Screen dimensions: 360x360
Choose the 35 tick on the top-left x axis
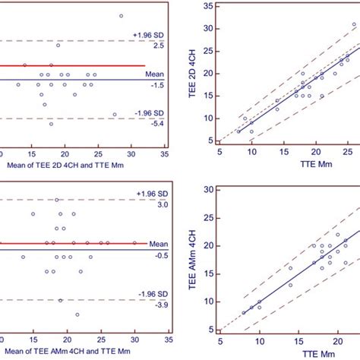pos(166,153)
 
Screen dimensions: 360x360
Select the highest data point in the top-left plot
pos(121,15)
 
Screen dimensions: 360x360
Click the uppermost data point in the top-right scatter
pos(353,24)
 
